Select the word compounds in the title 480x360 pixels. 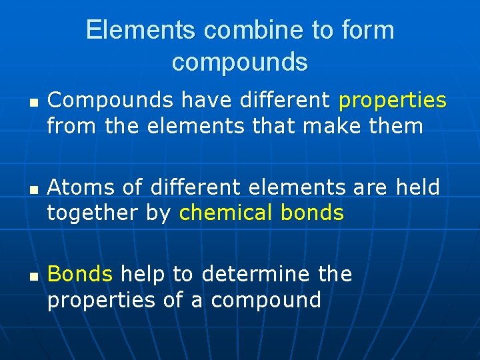[240, 62]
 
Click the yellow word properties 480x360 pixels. [393, 101]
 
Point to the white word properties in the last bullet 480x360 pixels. [101, 300]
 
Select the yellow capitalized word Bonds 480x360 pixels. [81, 274]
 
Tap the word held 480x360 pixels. [417, 187]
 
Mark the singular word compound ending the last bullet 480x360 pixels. [266, 300]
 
